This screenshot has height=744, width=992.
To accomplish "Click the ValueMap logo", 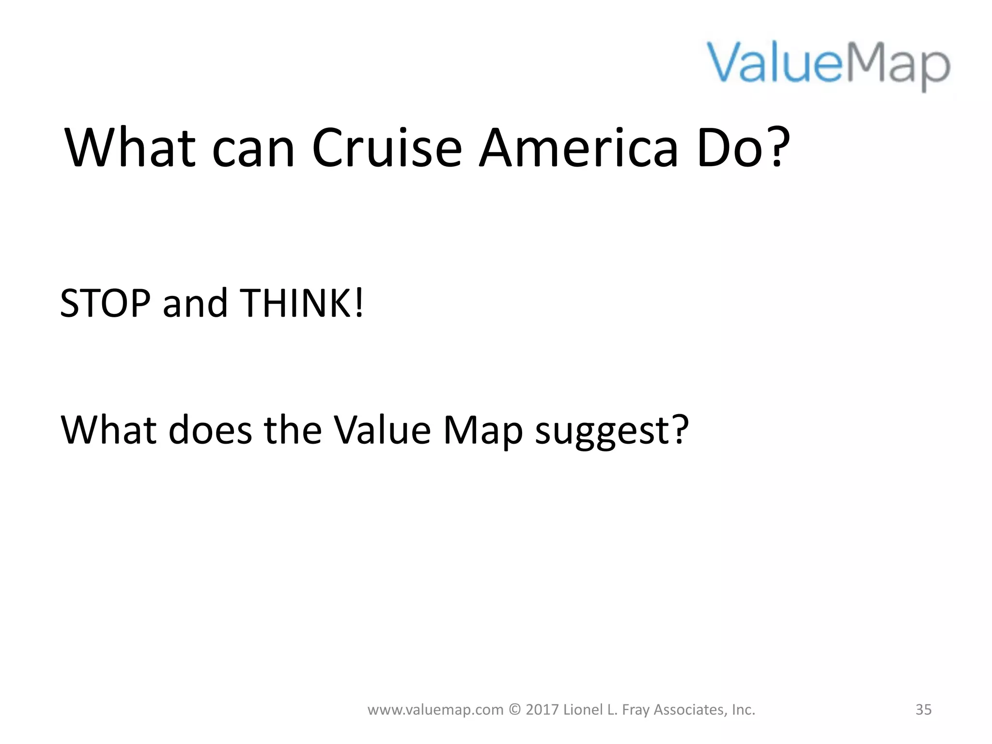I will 829,65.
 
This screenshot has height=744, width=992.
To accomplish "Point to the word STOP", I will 105,304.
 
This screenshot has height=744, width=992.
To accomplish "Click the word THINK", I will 295,304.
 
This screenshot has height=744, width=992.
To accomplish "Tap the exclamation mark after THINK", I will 359,304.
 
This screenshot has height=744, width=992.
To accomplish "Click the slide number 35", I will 923,710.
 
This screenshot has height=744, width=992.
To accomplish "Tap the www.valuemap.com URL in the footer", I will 435,710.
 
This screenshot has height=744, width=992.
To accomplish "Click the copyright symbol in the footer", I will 515,710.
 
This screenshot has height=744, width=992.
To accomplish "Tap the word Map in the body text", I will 483,431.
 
